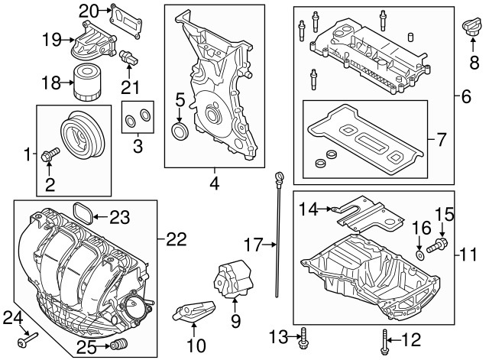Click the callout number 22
(x=176, y=239)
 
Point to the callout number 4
(x=215, y=185)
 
